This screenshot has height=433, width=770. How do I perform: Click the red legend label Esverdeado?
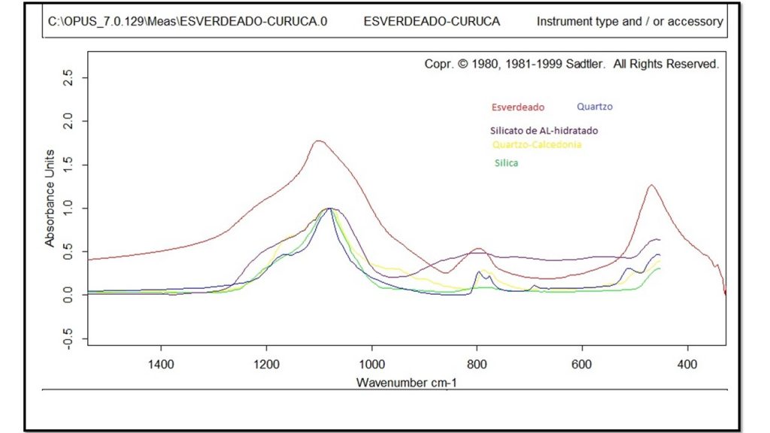[517, 107]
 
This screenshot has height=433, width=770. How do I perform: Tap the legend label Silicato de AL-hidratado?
[544, 131]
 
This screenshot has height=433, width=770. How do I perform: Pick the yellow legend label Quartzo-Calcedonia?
[537, 144]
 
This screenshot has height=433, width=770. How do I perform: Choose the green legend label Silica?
[506, 163]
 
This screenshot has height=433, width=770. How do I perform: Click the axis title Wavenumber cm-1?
[406, 382]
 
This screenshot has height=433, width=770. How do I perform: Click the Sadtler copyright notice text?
[571, 65]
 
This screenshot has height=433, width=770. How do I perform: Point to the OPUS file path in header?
[187, 22]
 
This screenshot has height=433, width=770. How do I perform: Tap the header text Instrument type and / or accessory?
[629, 22]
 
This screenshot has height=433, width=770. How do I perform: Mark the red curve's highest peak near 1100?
[319, 141]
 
